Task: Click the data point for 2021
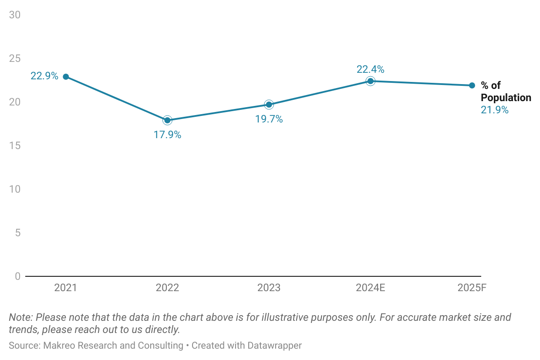66,77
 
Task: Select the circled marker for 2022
167,120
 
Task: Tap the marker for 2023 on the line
269,105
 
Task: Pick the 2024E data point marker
370,81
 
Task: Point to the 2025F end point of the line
472,85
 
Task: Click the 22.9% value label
44,76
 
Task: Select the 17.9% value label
167,135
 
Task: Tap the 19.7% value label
269,119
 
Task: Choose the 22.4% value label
370,69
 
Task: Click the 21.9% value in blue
495,110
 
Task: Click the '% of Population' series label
505,92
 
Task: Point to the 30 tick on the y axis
15,15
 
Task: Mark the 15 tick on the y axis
15,146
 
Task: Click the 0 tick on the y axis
17,276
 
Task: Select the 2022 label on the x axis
167,288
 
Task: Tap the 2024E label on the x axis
370,288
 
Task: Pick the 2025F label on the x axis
472,288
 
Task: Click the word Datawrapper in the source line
274,346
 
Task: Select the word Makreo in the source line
57,346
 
